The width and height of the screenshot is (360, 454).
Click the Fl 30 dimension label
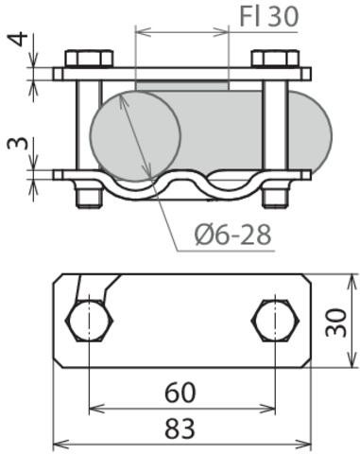269,16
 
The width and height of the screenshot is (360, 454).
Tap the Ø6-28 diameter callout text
232,235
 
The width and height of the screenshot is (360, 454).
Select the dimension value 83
180,428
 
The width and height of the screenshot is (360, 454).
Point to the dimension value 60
180,393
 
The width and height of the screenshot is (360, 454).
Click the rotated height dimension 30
335,323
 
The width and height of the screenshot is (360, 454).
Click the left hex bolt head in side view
89,59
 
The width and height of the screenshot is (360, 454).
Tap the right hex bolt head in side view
275,59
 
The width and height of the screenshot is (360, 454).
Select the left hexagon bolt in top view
89,321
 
